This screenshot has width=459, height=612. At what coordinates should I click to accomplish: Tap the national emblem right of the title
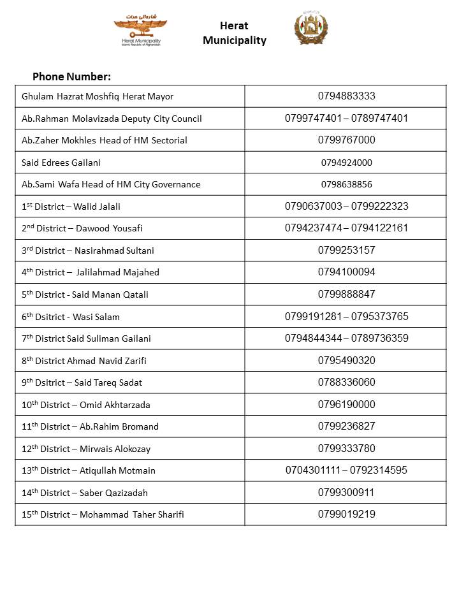point(311,29)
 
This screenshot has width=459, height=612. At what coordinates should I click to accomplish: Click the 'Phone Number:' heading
point(71,77)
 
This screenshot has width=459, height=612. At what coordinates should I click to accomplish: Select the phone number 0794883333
point(346,96)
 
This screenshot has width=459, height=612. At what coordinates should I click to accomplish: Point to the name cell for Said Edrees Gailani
point(61,163)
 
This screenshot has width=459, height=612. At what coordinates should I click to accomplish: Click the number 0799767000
point(346,140)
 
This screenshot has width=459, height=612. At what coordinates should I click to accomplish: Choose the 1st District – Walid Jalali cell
point(71,207)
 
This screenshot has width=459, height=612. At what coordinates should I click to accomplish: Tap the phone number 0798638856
point(346,184)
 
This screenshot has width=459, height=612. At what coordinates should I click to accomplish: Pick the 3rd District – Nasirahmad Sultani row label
point(88,251)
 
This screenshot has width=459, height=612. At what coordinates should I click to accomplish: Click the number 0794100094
point(346,272)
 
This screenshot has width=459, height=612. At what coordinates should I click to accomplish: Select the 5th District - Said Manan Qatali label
point(85,295)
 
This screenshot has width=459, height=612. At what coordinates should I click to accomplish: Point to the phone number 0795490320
point(346,360)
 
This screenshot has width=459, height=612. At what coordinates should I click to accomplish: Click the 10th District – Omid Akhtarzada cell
point(87,405)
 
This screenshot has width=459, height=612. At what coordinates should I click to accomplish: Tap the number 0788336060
point(346,382)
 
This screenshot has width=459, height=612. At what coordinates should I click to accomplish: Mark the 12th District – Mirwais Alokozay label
point(86,449)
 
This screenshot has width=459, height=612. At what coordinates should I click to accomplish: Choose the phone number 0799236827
point(346,426)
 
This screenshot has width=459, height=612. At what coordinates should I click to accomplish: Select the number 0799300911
point(346,492)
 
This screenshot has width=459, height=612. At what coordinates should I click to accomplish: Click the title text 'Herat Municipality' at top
point(234,33)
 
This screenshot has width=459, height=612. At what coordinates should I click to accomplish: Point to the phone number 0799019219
point(346,514)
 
